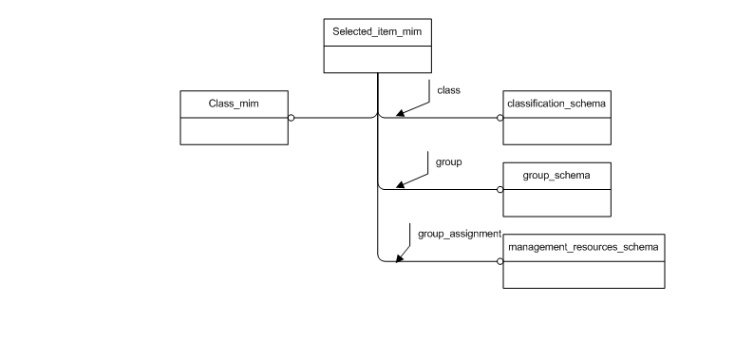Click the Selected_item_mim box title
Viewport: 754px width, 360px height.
point(377,32)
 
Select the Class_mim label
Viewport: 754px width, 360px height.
point(234,102)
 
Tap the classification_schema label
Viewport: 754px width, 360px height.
point(556,102)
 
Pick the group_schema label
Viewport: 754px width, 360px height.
point(556,176)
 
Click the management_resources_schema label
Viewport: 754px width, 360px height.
point(583,246)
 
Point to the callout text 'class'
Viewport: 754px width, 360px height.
point(448,90)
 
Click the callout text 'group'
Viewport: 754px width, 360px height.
point(448,162)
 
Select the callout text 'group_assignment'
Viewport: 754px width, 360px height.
point(459,233)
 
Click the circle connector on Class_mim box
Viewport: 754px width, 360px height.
point(292,118)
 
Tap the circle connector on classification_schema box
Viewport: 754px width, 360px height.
point(500,118)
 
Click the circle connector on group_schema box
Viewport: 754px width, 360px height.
point(500,189)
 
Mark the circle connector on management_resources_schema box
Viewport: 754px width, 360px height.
point(500,260)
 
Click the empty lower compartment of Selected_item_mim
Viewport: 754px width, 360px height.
point(377,58)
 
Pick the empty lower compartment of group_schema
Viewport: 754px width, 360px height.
point(556,201)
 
